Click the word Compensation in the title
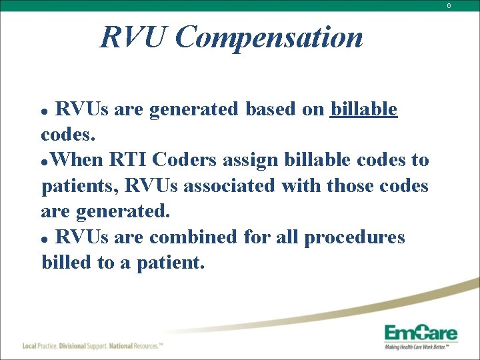(269, 37)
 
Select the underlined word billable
(364, 109)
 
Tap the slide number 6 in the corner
(467, 5)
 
